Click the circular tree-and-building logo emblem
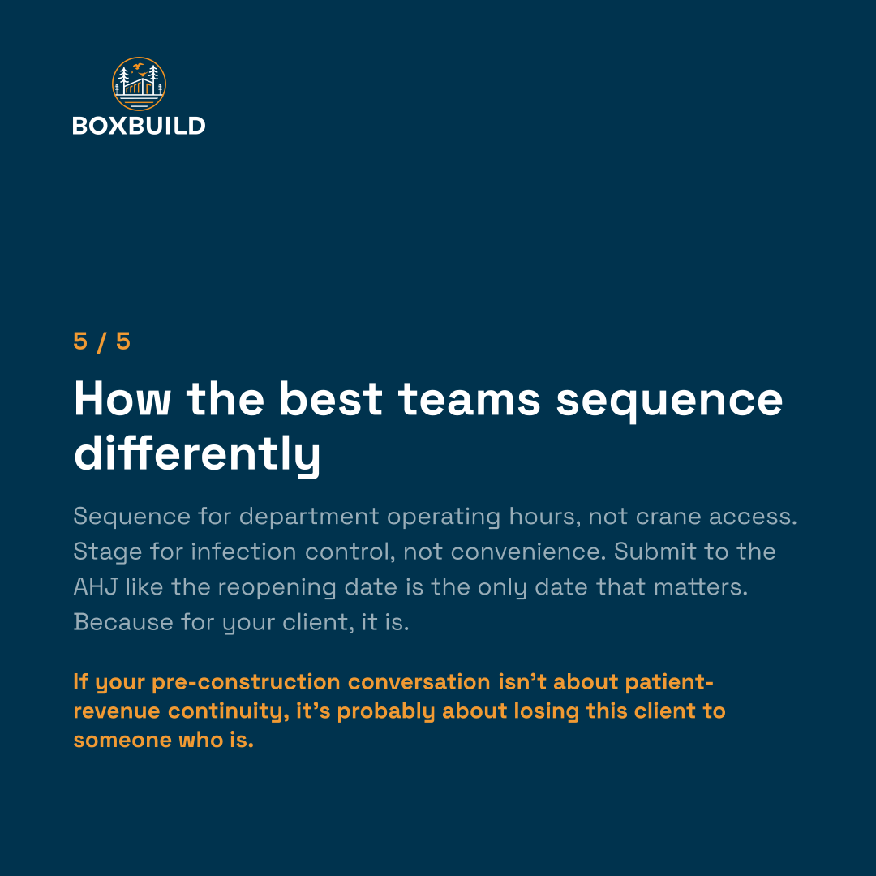click(140, 84)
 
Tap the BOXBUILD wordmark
click(140, 126)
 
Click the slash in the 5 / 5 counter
click(101, 342)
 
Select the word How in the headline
click(122, 399)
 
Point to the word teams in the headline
click(470, 399)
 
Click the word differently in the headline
click(197, 453)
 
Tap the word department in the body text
click(309, 517)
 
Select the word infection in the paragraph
click(243, 552)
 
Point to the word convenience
click(528, 552)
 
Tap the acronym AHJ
click(96, 587)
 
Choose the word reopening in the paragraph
click(277, 588)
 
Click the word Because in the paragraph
click(123, 622)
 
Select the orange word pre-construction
click(246, 683)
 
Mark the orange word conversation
click(419, 682)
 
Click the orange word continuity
click(229, 712)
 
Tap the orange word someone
click(122, 741)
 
